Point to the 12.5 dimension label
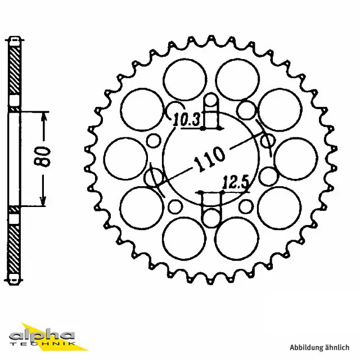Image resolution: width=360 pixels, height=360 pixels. [232, 182]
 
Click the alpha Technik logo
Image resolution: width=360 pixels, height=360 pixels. [47, 335]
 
